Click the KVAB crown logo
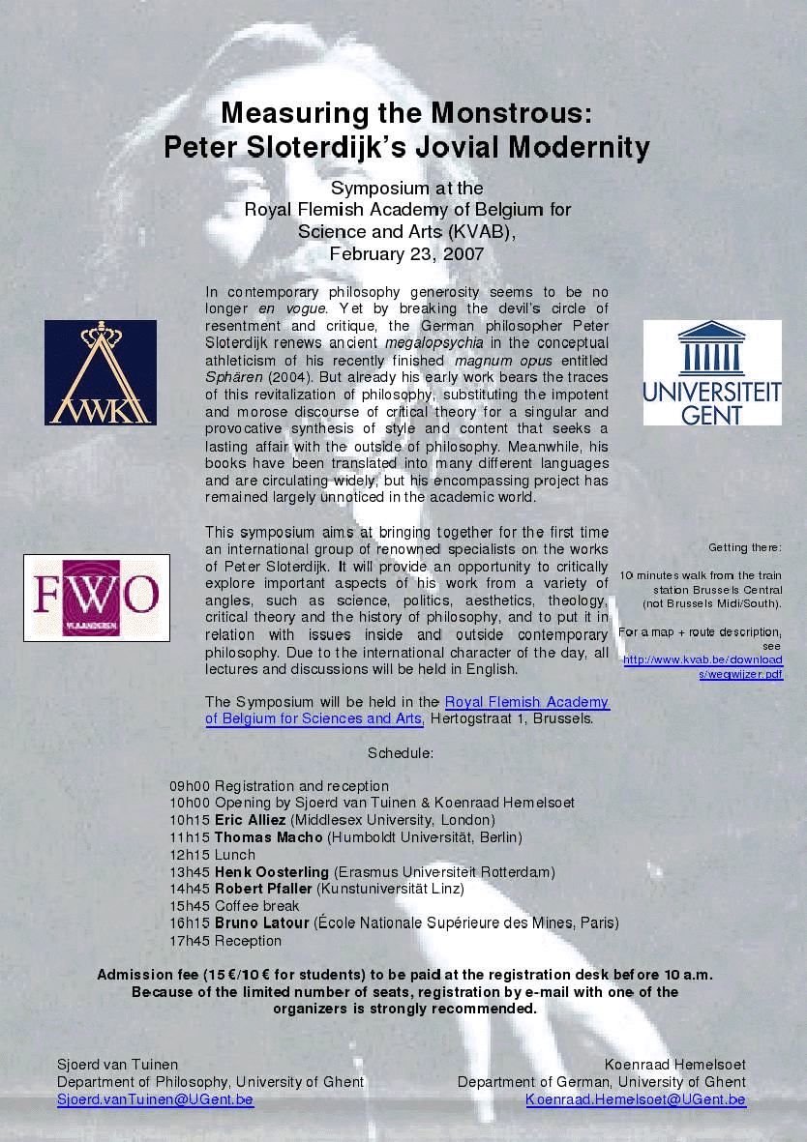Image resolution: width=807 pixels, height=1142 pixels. pos(100,372)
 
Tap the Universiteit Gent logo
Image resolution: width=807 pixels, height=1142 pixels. pos(712,373)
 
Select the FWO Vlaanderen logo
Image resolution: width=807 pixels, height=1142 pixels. pos(96,598)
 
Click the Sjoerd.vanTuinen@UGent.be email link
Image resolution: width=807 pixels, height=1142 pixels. pos(155,1099)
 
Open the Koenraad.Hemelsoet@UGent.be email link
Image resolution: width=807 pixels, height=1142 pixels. pos(636,1099)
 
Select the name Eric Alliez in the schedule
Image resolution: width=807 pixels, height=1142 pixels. pos(250,820)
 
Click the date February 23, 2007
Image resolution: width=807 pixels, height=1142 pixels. pos(406,254)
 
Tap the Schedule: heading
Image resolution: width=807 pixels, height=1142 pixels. pos(401,752)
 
